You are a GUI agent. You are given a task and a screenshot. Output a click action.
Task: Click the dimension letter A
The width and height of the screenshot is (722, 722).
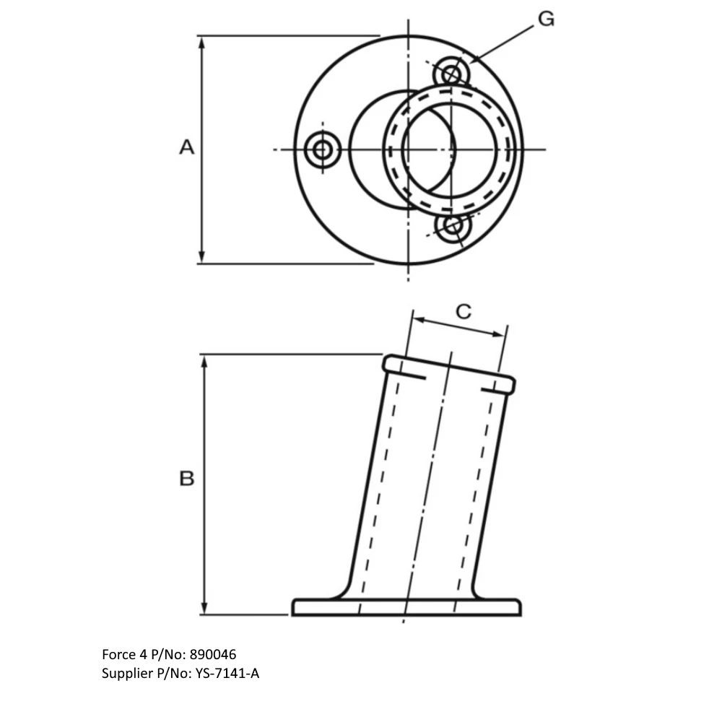click(187, 147)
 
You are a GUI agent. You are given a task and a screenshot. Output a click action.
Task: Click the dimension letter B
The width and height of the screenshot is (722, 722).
click(187, 479)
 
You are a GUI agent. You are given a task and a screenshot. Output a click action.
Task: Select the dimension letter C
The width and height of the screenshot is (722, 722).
click(464, 311)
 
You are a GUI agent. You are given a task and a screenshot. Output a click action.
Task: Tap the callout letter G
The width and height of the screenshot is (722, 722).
click(546, 19)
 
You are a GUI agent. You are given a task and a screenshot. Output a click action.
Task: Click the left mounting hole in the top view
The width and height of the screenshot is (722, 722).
click(323, 150)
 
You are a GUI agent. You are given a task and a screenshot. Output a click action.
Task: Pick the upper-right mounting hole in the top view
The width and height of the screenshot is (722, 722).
click(452, 73)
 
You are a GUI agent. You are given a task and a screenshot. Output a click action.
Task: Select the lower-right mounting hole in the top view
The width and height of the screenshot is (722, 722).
click(453, 227)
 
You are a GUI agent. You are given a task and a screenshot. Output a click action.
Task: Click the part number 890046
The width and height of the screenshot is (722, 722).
click(212, 655)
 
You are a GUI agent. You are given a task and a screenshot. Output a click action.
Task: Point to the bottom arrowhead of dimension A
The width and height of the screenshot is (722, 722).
click(203, 256)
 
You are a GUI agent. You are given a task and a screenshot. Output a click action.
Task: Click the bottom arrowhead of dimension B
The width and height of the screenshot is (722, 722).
click(206, 607)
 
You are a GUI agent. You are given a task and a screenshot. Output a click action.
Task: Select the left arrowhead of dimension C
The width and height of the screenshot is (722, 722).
click(417, 318)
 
